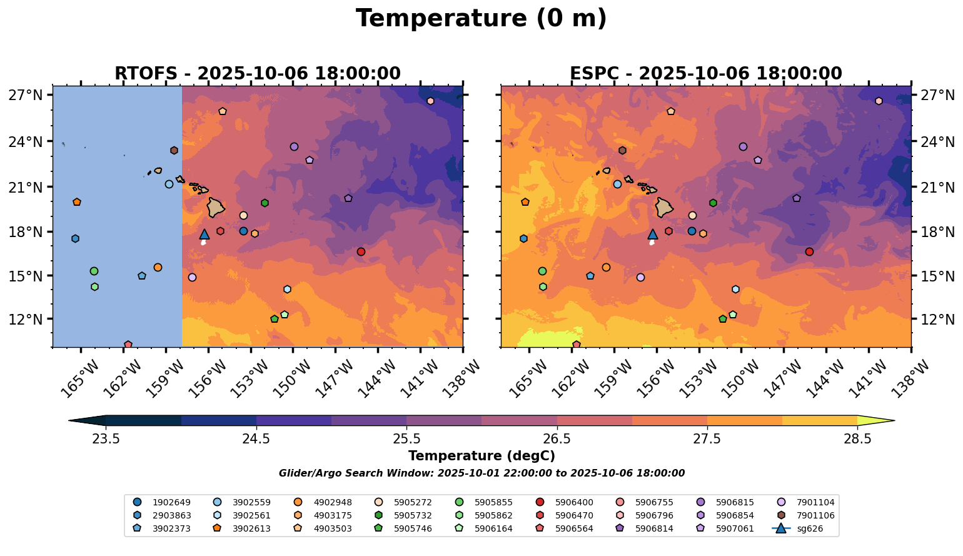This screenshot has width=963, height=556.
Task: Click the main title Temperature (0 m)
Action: pyautogui.click(x=481, y=19)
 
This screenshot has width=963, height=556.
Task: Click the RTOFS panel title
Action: pyautogui.click(x=257, y=74)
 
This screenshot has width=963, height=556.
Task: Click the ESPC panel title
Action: pyautogui.click(x=705, y=74)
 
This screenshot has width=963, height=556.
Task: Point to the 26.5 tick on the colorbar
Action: pyautogui.click(x=557, y=438)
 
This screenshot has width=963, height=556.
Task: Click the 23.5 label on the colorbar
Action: pyautogui.click(x=106, y=438)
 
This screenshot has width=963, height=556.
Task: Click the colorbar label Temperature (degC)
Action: pyautogui.click(x=481, y=457)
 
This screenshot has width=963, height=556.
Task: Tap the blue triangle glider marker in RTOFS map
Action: pyautogui.click(x=204, y=235)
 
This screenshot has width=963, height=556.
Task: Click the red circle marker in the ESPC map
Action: pyautogui.click(x=809, y=251)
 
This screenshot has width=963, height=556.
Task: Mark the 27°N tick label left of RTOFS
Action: pyautogui.click(x=25, y=96)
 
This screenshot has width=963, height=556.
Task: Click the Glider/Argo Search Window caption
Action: pyautogui.click(x=481, y=473)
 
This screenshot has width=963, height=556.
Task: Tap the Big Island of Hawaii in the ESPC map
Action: pyautogui.click(x=664, y=206)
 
